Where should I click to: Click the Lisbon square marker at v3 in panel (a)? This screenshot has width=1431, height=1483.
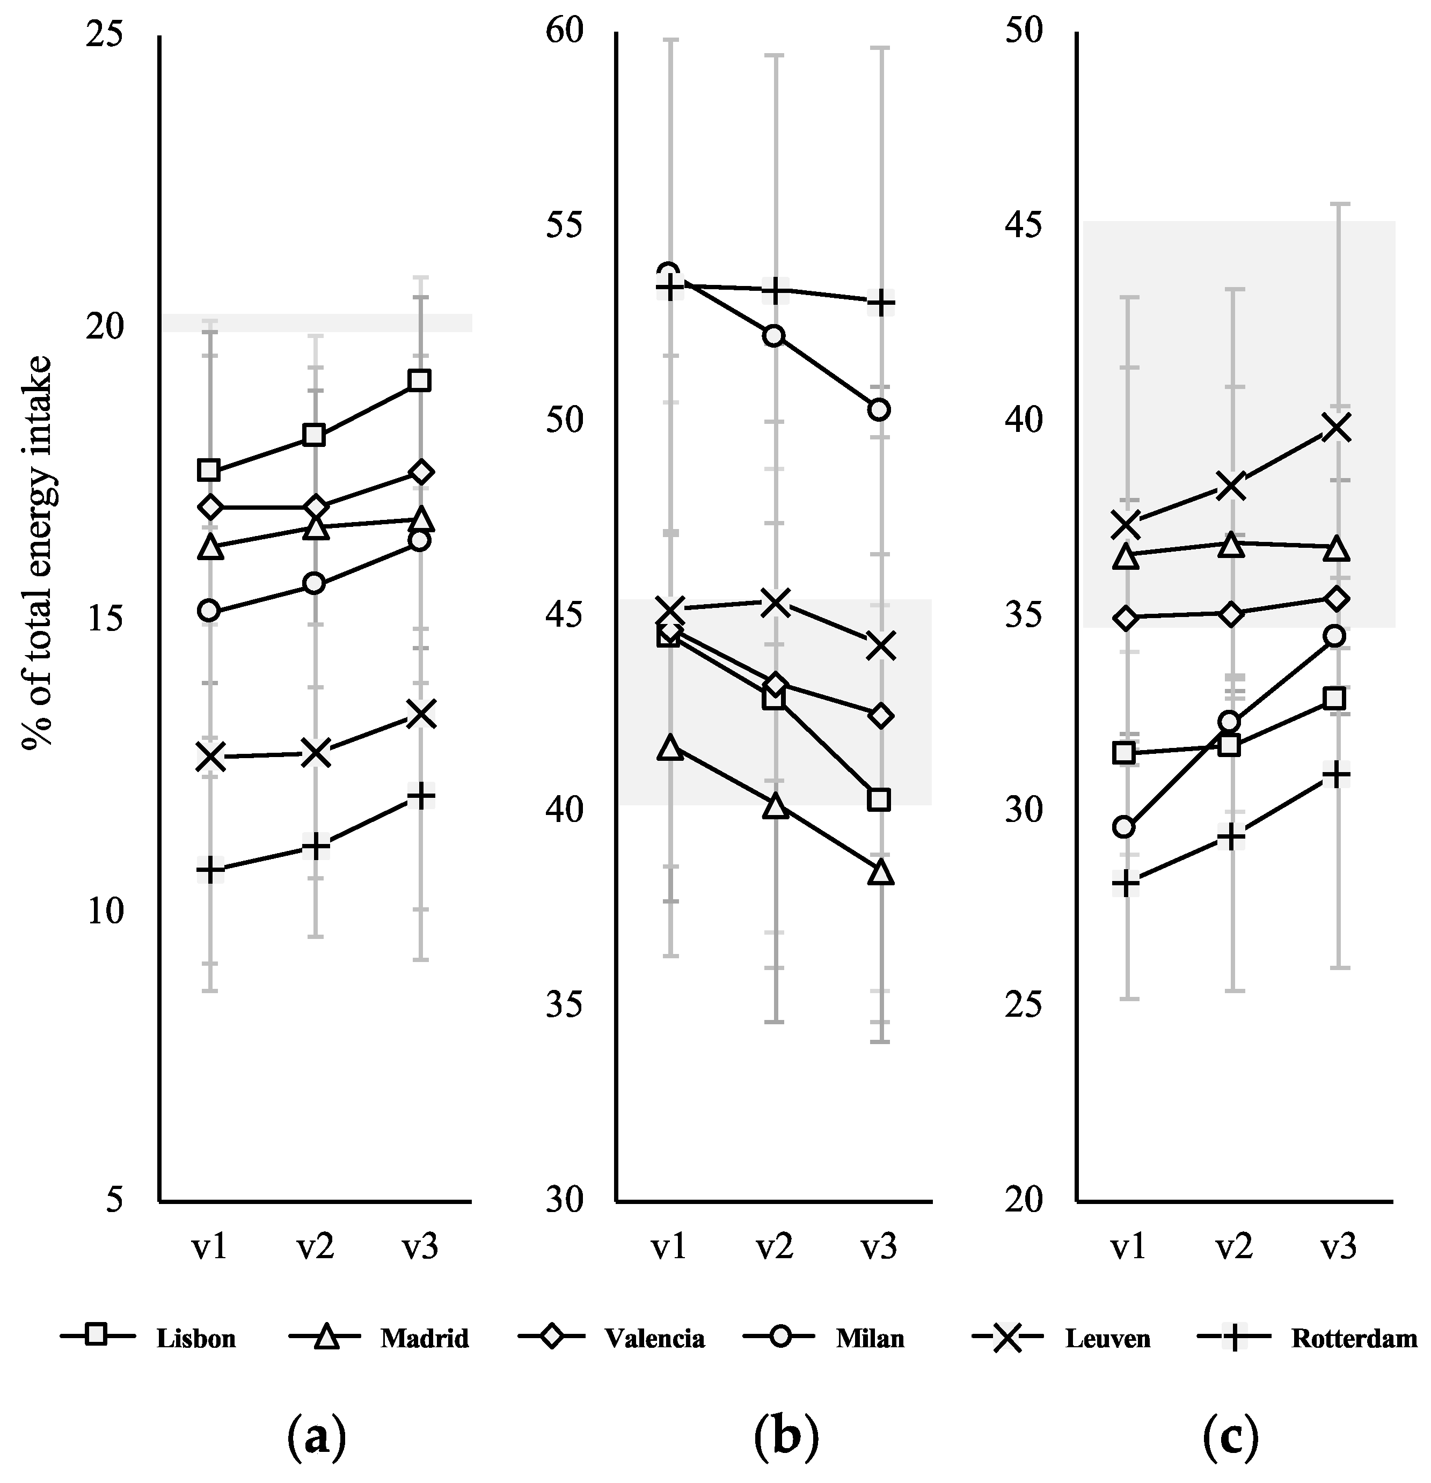pyautogui.click(x=419, y=380)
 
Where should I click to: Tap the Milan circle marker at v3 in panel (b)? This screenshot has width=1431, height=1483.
pyautogui.click(x=879, y=409)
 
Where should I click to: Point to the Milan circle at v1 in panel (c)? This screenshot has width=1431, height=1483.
pyautogui.click(x=1125, y=827)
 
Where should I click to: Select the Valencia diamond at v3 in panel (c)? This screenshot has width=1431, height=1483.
pyautogui.click(x=1337, y=598)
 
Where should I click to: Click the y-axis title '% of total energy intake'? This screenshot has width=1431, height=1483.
pyautogui.click(x=36, y=552)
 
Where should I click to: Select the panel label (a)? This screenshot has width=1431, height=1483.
pyautogui.click(x=316, y=1433)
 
